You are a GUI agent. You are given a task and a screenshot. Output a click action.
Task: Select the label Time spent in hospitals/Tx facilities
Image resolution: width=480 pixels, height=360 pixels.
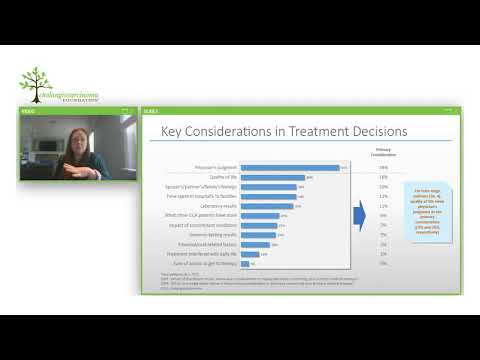click(206, 196)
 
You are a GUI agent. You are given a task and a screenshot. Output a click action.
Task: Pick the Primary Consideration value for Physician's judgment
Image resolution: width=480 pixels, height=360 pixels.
click(383, 168)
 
